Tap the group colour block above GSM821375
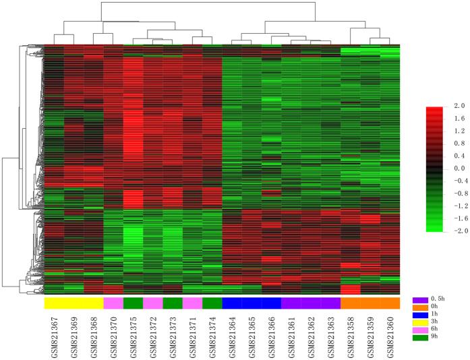134,303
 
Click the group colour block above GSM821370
113,303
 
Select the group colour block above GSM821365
252,303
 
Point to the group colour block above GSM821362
311,303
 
